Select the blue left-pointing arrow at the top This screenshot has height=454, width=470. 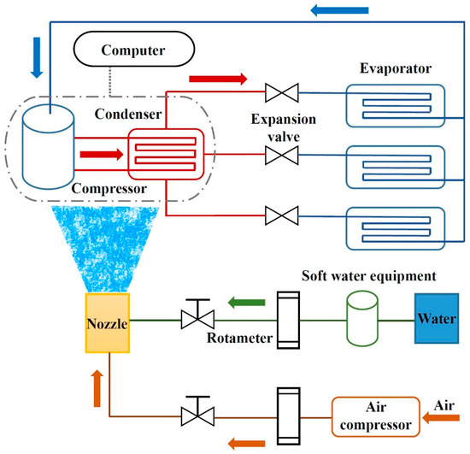click(339, 10)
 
